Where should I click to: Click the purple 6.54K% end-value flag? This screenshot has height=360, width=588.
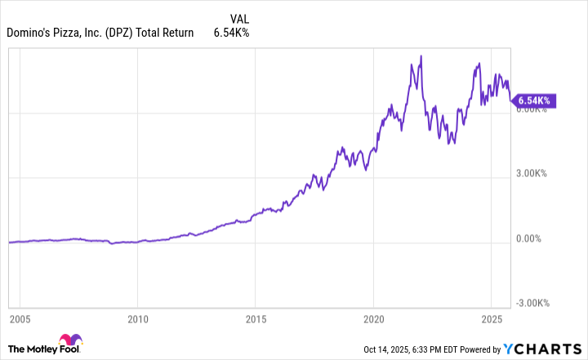(x=534, y=101)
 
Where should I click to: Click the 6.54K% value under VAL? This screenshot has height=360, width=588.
(x=232, y=33)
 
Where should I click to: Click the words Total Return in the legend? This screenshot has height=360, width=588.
(x=166, y=33)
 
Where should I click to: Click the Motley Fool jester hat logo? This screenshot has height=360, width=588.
(x=69, y=343)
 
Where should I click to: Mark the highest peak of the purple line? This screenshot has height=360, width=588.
(x=421, y=56)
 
